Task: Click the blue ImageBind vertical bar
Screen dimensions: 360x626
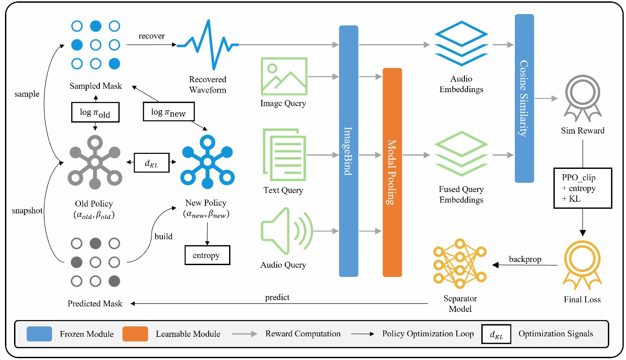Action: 348,151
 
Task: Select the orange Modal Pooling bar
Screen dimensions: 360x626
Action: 392,173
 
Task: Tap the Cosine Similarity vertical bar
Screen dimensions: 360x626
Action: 524,98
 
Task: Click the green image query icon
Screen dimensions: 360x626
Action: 284,76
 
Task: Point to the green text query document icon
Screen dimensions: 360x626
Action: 284,155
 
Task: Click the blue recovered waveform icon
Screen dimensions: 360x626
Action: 208,45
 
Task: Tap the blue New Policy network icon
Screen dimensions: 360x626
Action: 207,162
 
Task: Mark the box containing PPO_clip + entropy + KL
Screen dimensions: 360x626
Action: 582,188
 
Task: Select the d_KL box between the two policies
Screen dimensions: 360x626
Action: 152,163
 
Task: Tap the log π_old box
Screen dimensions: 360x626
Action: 95,113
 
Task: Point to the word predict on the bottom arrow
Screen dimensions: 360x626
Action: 277,297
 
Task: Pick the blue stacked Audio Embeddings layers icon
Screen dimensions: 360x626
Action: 461,45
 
